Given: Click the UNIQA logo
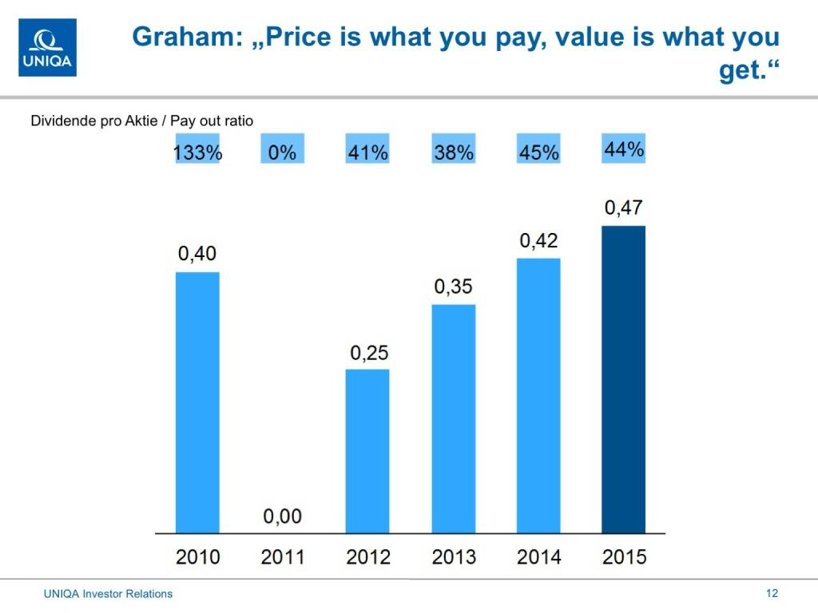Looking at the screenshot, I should point(48,48).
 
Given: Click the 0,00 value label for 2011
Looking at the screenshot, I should point(283,516).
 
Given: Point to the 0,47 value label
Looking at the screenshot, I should point(623,209).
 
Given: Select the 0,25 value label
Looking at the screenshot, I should point(367,352).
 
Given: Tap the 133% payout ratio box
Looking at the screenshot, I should point(197,152).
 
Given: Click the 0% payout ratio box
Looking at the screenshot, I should point(283,152).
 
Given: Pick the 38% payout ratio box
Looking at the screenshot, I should point(454,152).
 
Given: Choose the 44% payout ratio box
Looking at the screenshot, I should point(623,150).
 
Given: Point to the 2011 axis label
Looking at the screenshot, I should point(283,556).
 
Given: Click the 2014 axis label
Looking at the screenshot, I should point(538,556).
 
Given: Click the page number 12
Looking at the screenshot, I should point(772,593).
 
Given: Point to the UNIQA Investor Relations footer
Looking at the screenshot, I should point(108,594).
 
